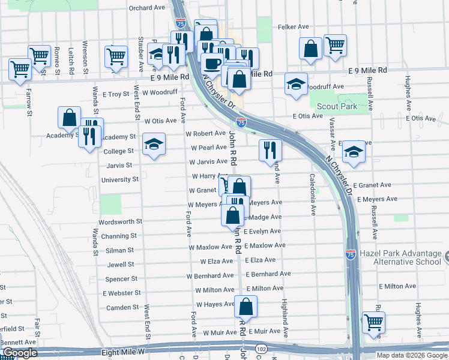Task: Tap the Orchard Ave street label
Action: pos(147,8)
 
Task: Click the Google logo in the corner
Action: pos(19,353)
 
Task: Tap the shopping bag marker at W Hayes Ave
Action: pos(246,307)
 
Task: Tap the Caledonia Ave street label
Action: pos(312,194)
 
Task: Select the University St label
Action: pos(120,179)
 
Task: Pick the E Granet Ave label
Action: pos(372,185)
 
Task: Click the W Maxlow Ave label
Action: pos(210,247)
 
